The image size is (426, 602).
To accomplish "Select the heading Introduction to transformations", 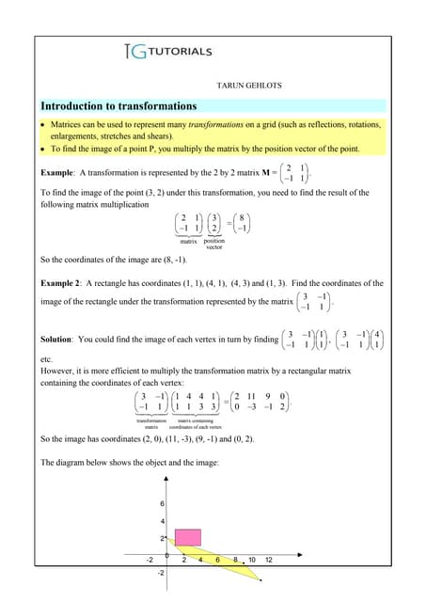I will [x=119, y=105].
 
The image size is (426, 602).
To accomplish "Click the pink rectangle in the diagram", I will [x=188, y=537].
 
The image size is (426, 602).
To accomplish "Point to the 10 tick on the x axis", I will [x=251, y=561].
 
